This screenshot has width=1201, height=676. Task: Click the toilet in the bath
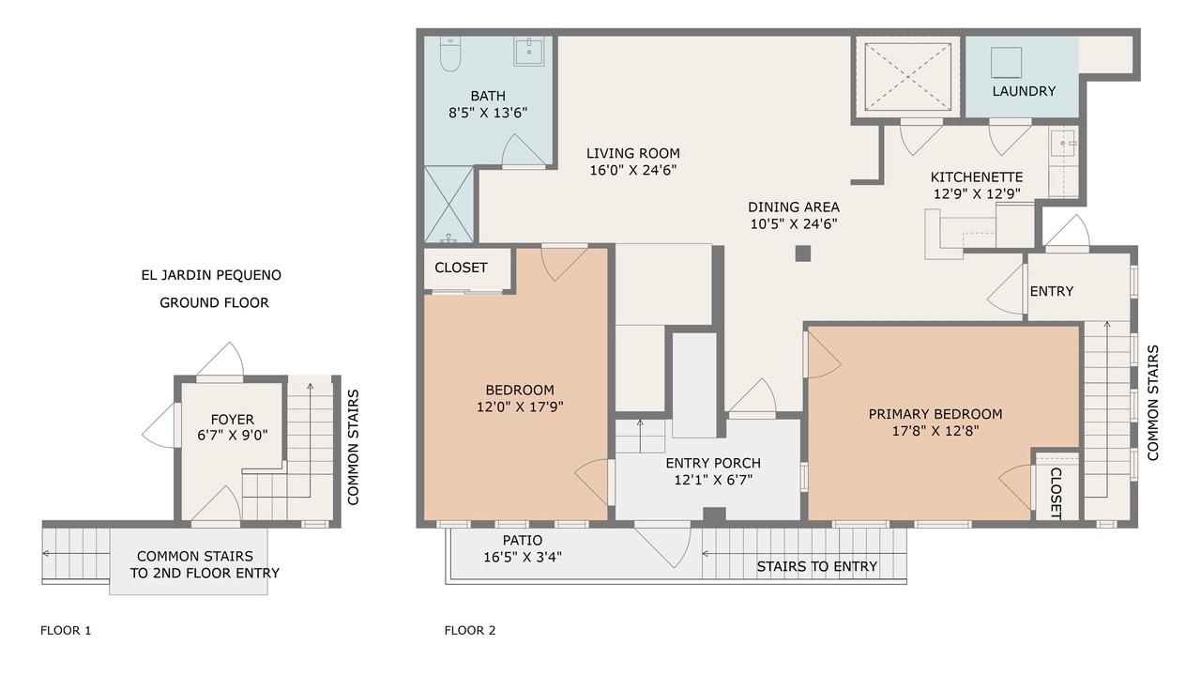[x=449, y=54]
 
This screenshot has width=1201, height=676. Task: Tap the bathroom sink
[x=528, y=51]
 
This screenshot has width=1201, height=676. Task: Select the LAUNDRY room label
[x=1024, y=91]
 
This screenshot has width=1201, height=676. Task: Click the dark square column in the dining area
[x=802, y=253]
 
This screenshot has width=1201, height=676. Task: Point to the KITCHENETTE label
[x=977, y=177]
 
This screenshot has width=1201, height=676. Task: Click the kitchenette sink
[x=1063, y=144]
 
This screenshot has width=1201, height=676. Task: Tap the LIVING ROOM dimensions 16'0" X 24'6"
[x=633, y=171]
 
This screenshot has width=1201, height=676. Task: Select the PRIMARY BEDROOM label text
[x=935, y=414]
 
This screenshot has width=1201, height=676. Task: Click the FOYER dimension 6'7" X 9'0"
[x=232, y=435]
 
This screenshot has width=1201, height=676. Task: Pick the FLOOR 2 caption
[x=470, y=630]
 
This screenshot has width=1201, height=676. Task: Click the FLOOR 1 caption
[x=66, y=630]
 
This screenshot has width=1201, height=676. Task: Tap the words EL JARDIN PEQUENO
[x=211, y=275]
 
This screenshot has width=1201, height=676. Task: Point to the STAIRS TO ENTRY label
[x=816, y=566]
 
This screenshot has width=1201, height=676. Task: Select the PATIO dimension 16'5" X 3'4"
[x=523, y=558]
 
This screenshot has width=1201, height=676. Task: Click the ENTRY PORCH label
[x=713, y=463]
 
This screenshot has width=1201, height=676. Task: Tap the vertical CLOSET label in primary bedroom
[x=1056, y=493]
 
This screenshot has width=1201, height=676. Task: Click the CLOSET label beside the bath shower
[x=461, y=268]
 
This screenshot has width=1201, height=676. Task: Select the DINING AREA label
[x=794, y=207]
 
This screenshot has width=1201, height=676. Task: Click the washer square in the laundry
[x=1006, y=62]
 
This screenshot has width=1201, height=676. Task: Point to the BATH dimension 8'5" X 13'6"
[x=488, y=114]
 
